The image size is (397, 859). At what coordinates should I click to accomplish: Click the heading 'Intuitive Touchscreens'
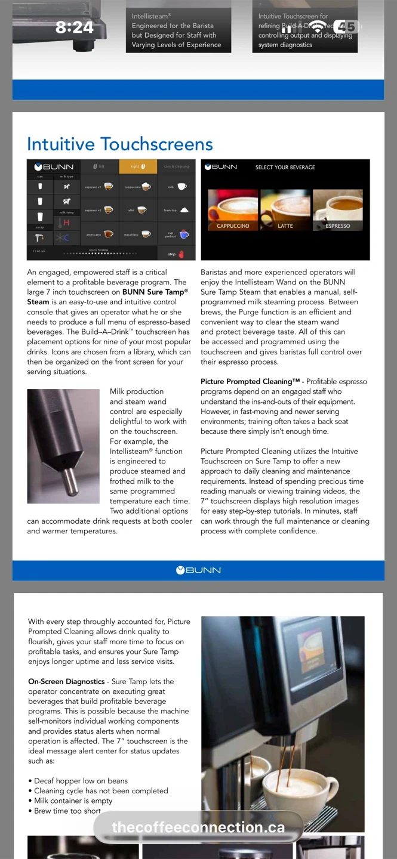click(x=120, y=144)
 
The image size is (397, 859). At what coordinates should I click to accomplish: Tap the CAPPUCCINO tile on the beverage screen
click(x=233, y=211)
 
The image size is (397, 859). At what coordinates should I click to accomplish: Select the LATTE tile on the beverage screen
click(x=285, y=211)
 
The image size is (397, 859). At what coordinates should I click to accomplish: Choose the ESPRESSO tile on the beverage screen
click(x=337, y=211)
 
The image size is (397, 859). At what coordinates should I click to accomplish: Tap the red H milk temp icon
click(x=66, y=223)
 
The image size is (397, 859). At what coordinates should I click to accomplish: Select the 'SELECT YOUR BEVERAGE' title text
click(x=285, y=168)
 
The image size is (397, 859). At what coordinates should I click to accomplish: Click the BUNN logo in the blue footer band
click(x=198, y=570)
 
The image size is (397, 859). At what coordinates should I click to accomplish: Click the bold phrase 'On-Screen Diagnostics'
click(x=66, y=681)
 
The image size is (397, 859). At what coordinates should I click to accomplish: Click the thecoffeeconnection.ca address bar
click(x=198, y=827)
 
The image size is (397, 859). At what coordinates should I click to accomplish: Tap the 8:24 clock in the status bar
click(x=75, y=27)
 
